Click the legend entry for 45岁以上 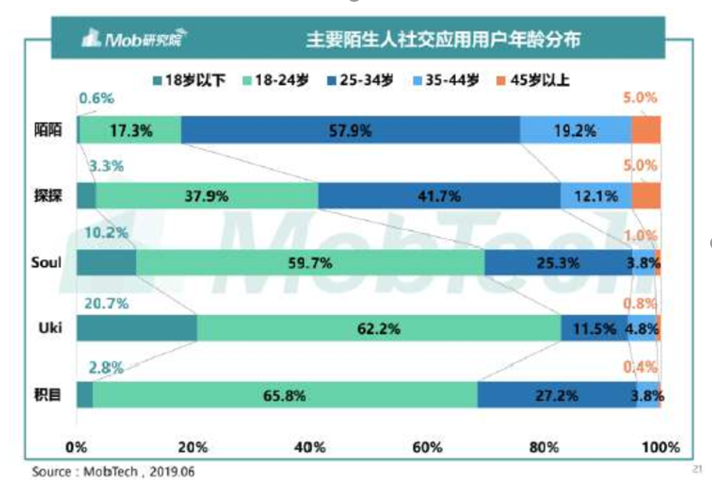537,79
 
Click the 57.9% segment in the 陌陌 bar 350,130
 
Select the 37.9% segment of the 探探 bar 207,196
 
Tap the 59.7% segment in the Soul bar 310,263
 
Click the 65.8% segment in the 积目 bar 284,394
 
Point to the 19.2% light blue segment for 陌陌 575,130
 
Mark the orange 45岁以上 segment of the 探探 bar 646,196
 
